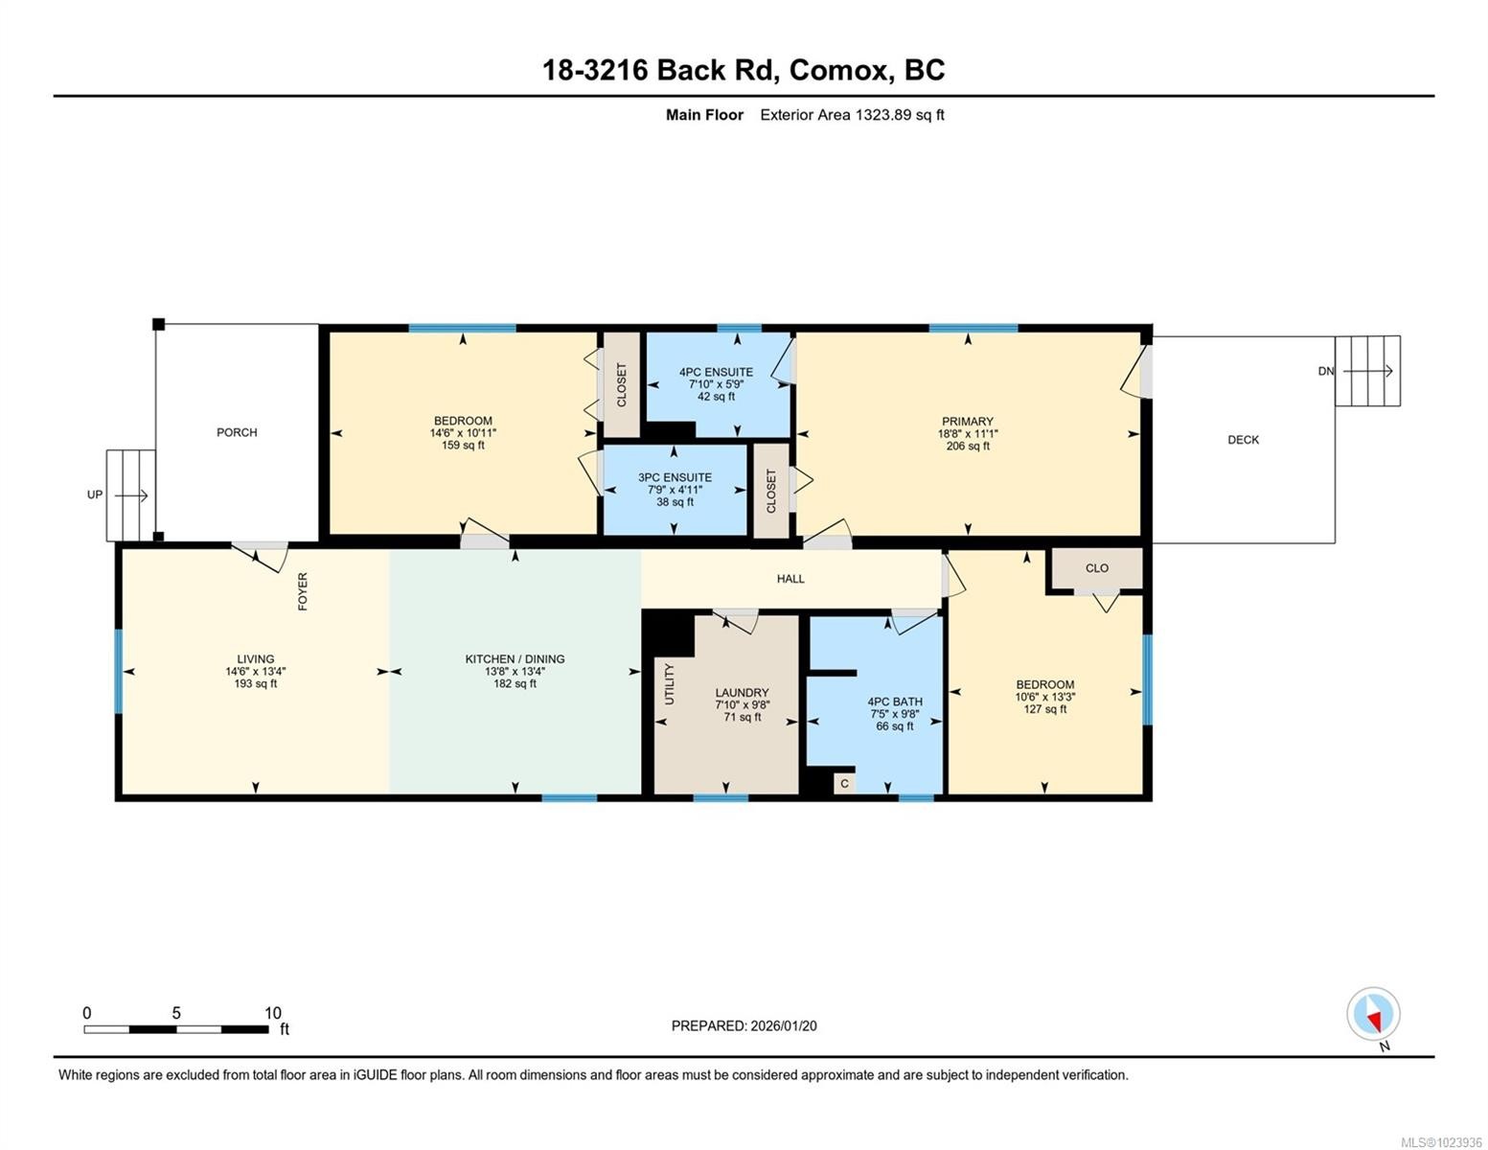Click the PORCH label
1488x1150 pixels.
click(x=237, y=432)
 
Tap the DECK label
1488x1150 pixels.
click(x=1243, y=440)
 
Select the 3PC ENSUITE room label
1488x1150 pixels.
click(x=675, y=477)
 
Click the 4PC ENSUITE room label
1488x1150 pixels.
click(x=716, y=372)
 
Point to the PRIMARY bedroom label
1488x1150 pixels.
click(x=967, y=421)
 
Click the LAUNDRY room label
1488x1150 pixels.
click(x=742, y=693)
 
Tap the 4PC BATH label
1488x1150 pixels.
click(x=894, y=701)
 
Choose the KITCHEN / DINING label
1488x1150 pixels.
click(x=515, y=659)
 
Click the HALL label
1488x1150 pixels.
click(x=790, y=579)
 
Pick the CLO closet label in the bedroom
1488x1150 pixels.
click(x=1096, y=568)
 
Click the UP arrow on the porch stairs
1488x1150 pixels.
click(x=130, y=495)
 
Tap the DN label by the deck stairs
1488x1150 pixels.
click(x=1325, y=372)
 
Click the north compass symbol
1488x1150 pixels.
click(x=1373, y=1015)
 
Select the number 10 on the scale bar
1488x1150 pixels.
click(x=273, y=1013)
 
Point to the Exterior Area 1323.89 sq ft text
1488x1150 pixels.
click(x=852, y=115)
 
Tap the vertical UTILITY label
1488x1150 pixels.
click(x=670, y=684)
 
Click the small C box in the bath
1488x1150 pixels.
click(x=844, y=784)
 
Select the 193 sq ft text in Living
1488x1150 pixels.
click(x=256, y=684)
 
